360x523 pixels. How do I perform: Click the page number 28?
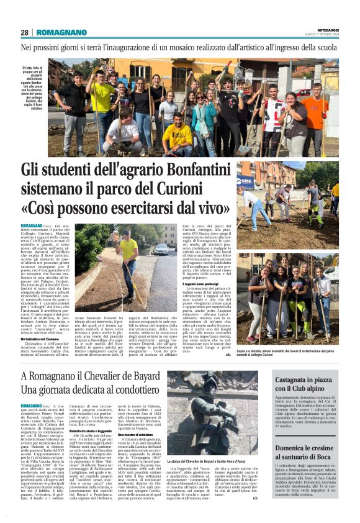coord(24,32)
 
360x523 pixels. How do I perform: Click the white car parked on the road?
coord(161,249)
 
